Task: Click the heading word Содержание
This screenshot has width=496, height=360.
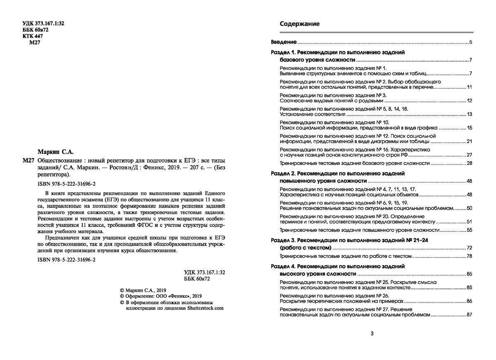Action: [300, 24]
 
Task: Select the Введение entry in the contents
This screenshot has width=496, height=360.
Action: [284, 42]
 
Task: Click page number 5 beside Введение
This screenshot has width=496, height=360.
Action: [470, 42]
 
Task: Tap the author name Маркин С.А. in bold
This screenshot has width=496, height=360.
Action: [55, 152]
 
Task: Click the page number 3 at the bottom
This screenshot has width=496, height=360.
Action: [372, 334]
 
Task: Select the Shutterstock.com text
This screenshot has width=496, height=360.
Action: [205, 308]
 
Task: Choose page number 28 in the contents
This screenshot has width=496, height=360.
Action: [469, 163]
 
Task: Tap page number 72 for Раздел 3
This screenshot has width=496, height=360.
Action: [469, 248]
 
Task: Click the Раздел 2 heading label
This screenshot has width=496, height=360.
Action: [283, 174]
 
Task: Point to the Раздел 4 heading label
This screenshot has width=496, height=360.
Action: [283, 267]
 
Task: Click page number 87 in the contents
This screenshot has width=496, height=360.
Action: [469, 315]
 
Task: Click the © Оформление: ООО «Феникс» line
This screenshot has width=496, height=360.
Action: [161, 296]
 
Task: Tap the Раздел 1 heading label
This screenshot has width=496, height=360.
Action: [283, 52]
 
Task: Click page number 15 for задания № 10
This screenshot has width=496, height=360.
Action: [469, 128]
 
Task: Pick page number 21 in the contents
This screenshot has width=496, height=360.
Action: [469, 141]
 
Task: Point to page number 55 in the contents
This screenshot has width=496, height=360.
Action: [469, 230]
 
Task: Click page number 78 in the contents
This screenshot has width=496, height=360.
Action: [469, 257]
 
